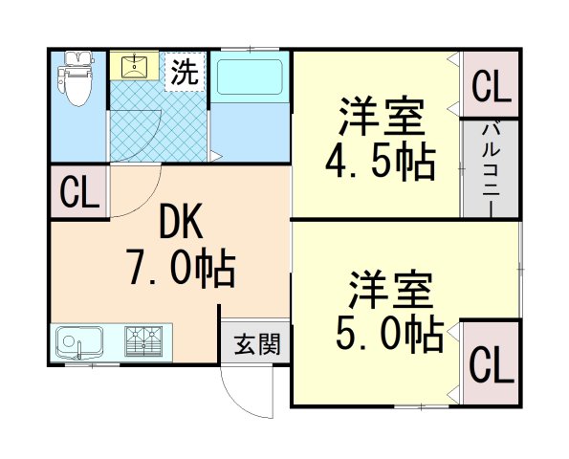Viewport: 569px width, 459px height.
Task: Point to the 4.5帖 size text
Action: tap(380, 163)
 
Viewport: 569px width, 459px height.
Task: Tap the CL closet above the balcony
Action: tap(491, 88)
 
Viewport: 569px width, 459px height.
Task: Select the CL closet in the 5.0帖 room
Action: tap(492, 363)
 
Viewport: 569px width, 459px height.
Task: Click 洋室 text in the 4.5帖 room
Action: tap(380, 118)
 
